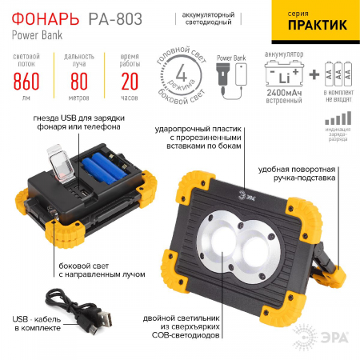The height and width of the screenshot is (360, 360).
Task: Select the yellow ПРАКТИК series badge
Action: pyautogui.click(x=313, y=22)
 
